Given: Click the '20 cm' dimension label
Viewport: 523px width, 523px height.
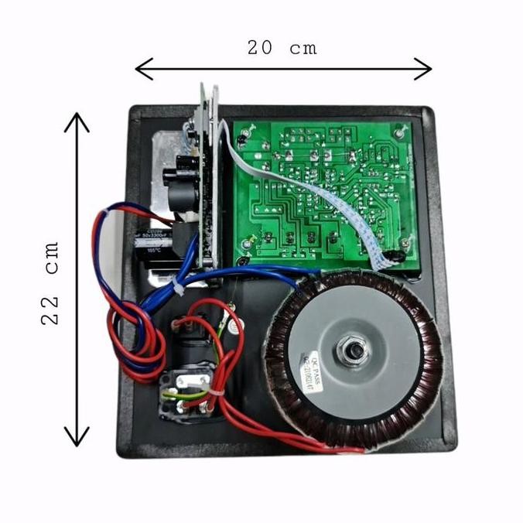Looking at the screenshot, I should click(282, 47).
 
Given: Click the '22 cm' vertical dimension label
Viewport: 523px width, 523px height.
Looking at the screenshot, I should click(52, 283).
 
